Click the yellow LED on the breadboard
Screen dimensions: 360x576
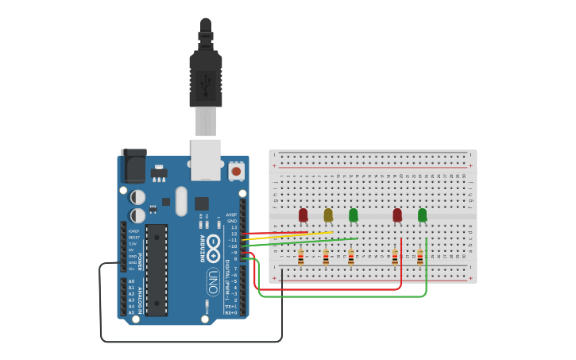coord(328,215)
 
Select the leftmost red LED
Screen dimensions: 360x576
coord(303,215)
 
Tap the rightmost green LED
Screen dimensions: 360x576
coord(422,215)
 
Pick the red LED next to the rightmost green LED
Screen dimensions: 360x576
coord(397,215)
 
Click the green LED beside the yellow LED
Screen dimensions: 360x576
coord(354,215)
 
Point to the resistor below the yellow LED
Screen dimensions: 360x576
coord(326,257)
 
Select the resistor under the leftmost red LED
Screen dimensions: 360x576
coord(300,257)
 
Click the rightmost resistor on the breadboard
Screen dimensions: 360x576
coord(420,257)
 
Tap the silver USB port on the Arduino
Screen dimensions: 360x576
coord(206,158)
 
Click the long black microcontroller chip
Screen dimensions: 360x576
coord(157,269)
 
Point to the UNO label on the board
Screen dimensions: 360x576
coord(213,282)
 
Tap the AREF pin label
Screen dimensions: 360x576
coord(231,215)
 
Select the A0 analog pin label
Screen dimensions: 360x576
coord(131,281)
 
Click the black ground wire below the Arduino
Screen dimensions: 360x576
coord(191,342)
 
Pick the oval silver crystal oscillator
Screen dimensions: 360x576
coord(181,200)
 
